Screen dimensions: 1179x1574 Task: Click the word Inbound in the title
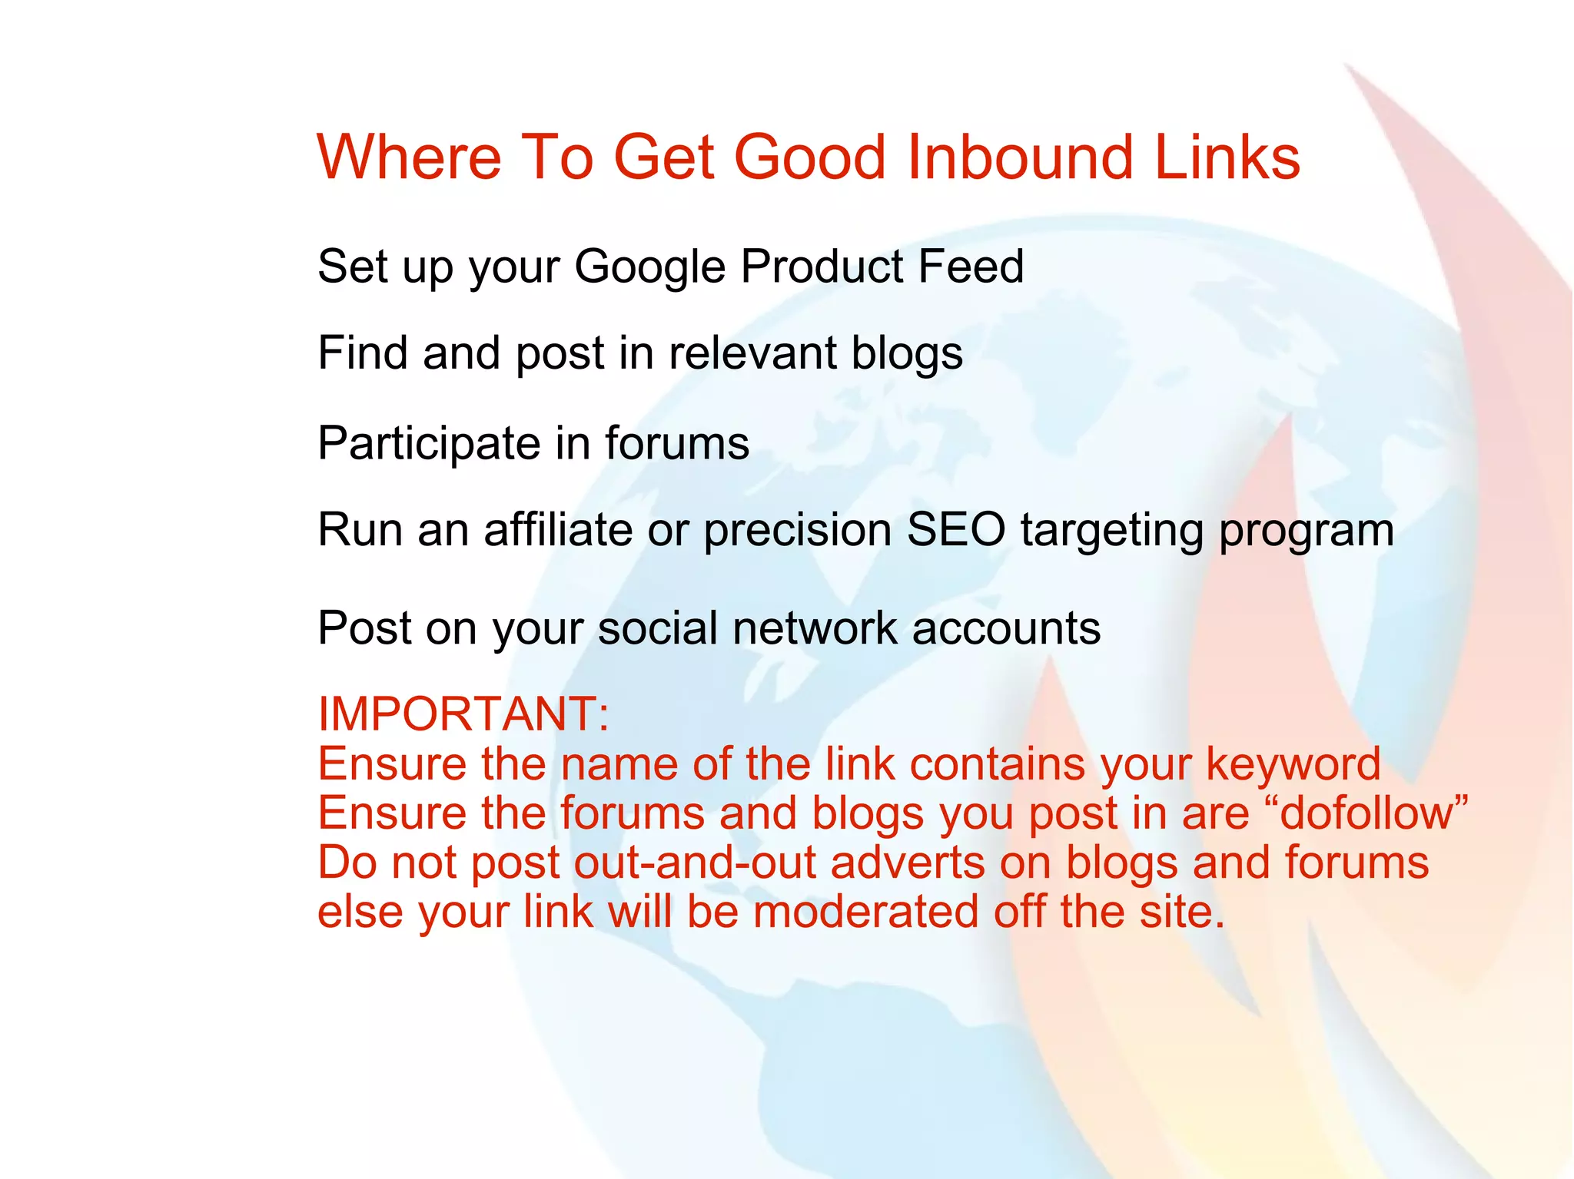pos(1021,157)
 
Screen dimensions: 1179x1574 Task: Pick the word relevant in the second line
pos(752,353)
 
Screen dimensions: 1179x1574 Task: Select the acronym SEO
pos(955,530)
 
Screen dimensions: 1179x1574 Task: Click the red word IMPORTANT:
pos(463,714)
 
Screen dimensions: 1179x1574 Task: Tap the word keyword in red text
pos(1293,765)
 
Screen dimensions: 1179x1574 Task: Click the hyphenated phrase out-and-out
pos(695,863)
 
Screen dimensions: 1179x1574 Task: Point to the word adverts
pos(908,863)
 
